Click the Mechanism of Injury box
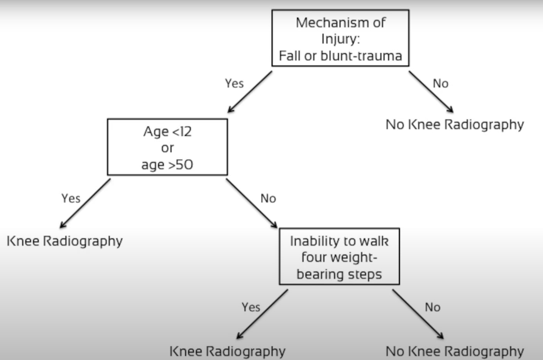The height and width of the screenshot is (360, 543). [340, 38]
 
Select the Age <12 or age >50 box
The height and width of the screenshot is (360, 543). [167, 147]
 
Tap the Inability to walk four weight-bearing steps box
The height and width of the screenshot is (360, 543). [339, 257]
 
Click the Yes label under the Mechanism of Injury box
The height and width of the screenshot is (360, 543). [234, 83]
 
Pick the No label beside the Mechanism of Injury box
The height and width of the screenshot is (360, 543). [440, 83]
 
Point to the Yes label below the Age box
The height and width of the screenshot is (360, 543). [71, 198]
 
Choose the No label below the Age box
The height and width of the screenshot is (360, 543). [268, 198]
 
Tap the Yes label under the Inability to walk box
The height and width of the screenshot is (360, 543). [251, 307]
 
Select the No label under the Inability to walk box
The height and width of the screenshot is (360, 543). [433, 307]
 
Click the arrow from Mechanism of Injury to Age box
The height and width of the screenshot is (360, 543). [250, 91]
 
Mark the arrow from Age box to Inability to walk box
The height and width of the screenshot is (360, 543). [252, 203]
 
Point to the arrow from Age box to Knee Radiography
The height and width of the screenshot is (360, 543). [85, 203]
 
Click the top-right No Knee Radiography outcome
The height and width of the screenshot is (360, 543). [455, 125]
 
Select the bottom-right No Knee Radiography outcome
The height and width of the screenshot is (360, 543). [455, 351]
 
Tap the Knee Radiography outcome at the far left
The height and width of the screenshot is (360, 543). [64, 241]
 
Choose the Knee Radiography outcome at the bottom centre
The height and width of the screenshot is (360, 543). [227, 351]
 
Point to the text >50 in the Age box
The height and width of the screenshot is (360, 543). [180, 165]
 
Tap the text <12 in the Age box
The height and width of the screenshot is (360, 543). [181, 132]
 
